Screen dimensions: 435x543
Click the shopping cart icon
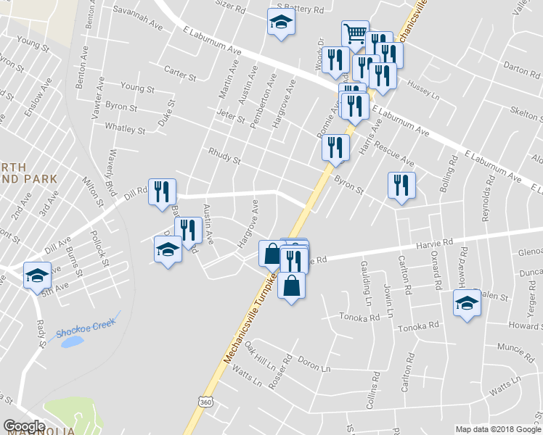[354, 33]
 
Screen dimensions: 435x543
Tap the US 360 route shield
[205, 400]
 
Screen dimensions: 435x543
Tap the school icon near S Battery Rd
[280, 23]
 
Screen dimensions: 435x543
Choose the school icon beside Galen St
[466, 303]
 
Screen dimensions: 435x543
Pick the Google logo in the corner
[24, 426]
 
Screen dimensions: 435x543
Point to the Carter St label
[180, 73]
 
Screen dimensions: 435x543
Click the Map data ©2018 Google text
[498, 429]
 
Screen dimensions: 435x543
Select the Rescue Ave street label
[395, 156]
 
